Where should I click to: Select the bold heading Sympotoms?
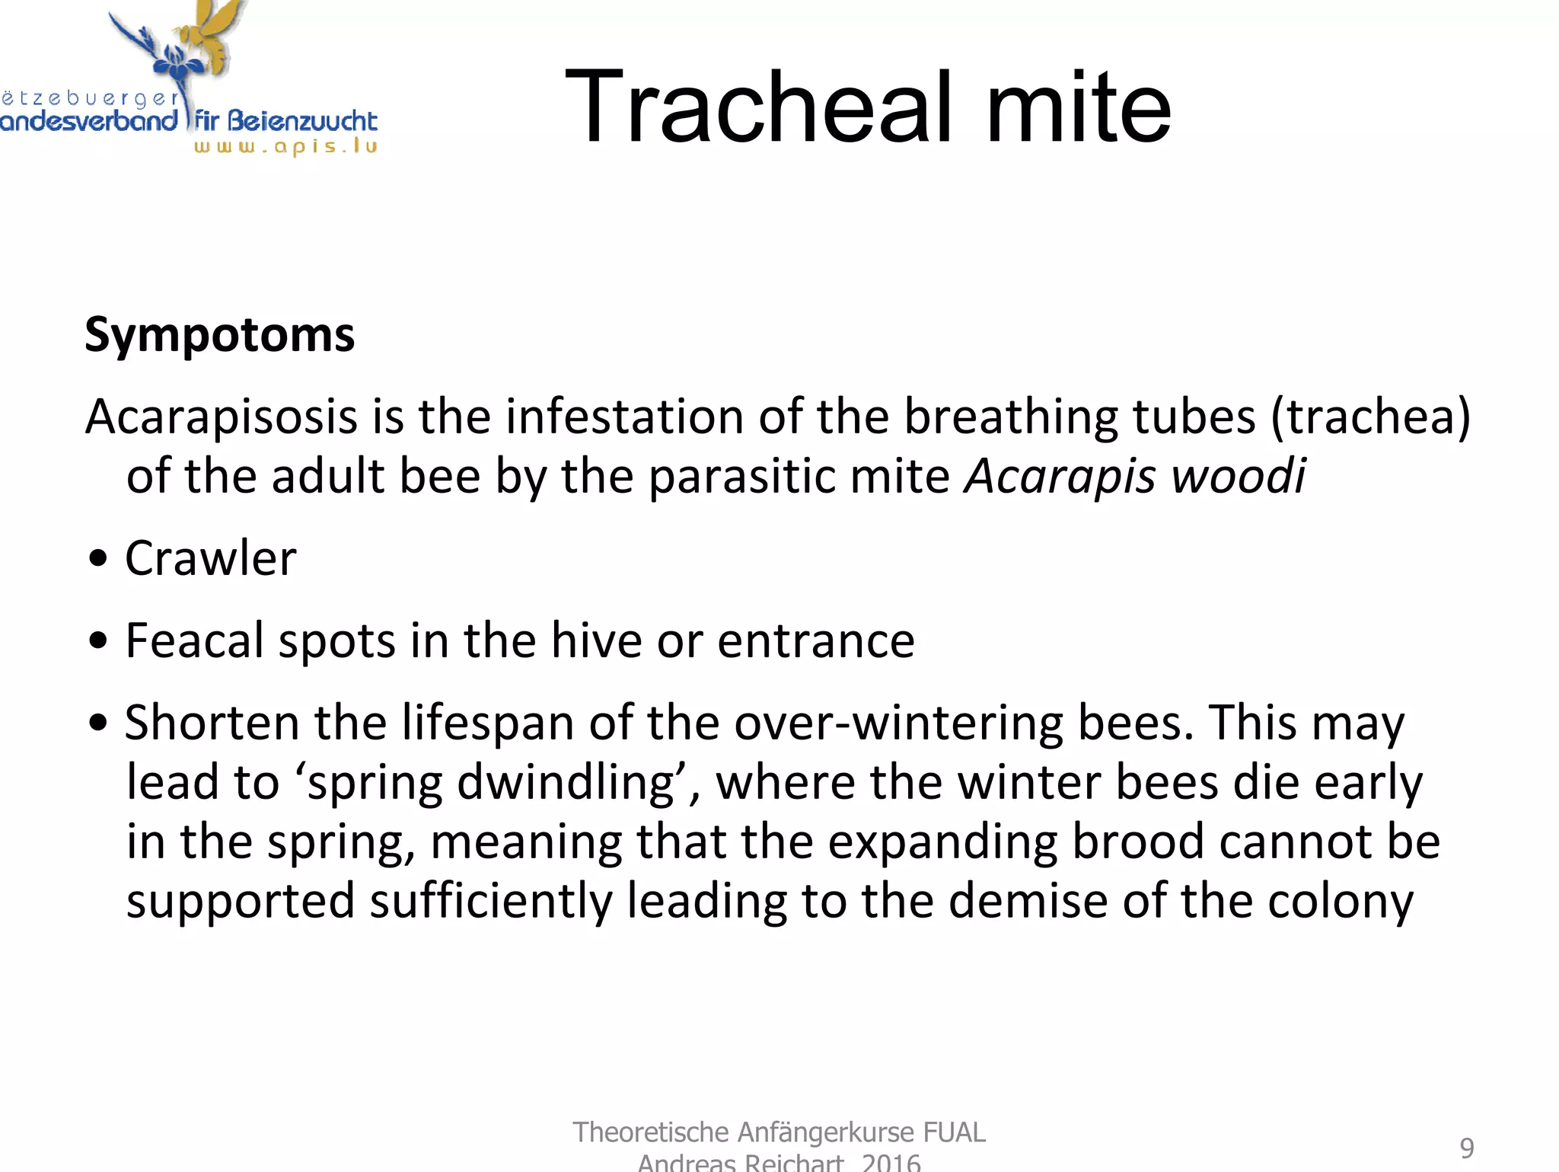(219, 335)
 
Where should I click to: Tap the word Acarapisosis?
(221, 417)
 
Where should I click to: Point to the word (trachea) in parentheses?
(1370, 417)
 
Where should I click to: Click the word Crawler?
(210, 558)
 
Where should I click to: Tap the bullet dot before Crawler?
(98, 559)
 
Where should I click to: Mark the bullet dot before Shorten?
(98, 723)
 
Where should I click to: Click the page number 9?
(1466, 1148)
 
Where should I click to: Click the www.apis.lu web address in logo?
(285, 146)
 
